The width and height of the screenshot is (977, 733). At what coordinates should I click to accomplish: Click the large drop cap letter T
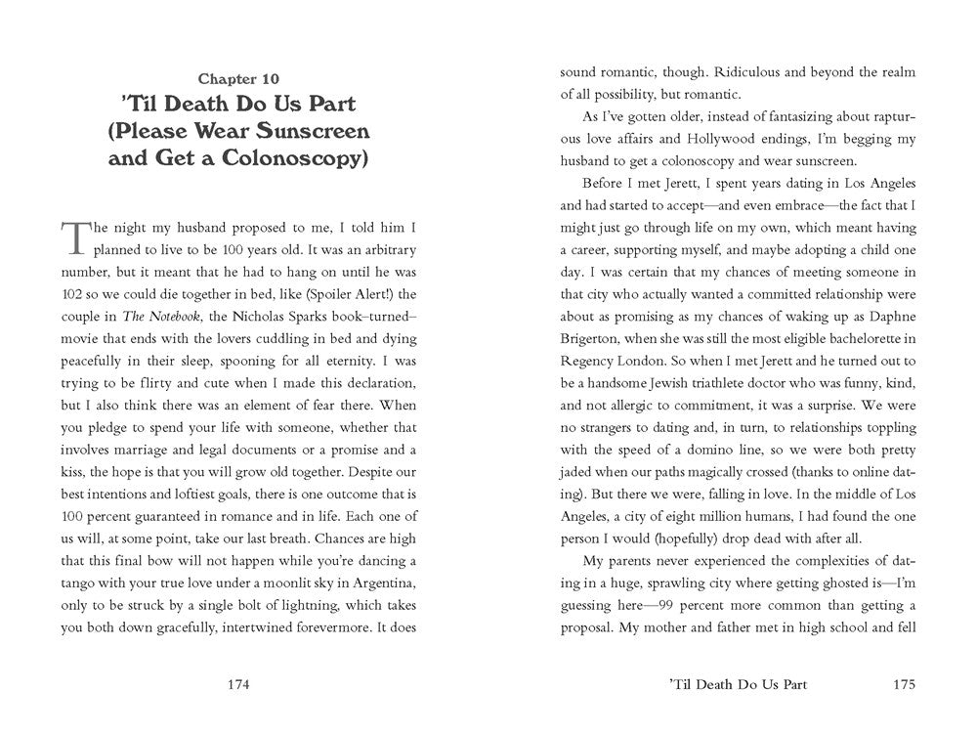[x=76, y=237]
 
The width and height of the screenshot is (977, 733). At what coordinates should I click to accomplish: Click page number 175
[x=904, y=684]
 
